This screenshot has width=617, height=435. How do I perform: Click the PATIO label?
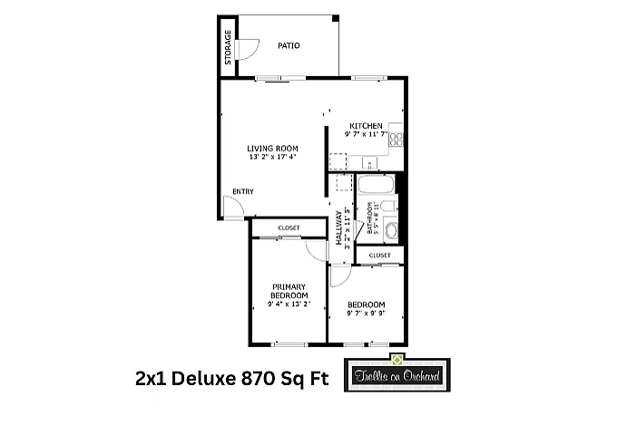pos(289,45)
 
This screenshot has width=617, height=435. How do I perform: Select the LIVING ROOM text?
pos(273,149)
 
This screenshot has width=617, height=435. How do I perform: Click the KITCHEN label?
pos(366,126)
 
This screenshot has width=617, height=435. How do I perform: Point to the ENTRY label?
pos(242,191)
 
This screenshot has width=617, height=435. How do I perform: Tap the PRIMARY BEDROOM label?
pos(289,292)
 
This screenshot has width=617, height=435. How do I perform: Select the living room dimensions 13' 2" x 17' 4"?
pos(273,158)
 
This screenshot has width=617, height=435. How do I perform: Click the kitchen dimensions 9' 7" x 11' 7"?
pos(366,134)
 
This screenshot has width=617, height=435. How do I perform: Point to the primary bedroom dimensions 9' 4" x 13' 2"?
pos(289,304)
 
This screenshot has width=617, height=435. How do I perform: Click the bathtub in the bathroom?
pos(374,187)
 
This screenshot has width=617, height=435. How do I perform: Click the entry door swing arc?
pos(232,207)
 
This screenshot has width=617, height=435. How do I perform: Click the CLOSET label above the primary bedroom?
pos(289,227)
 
